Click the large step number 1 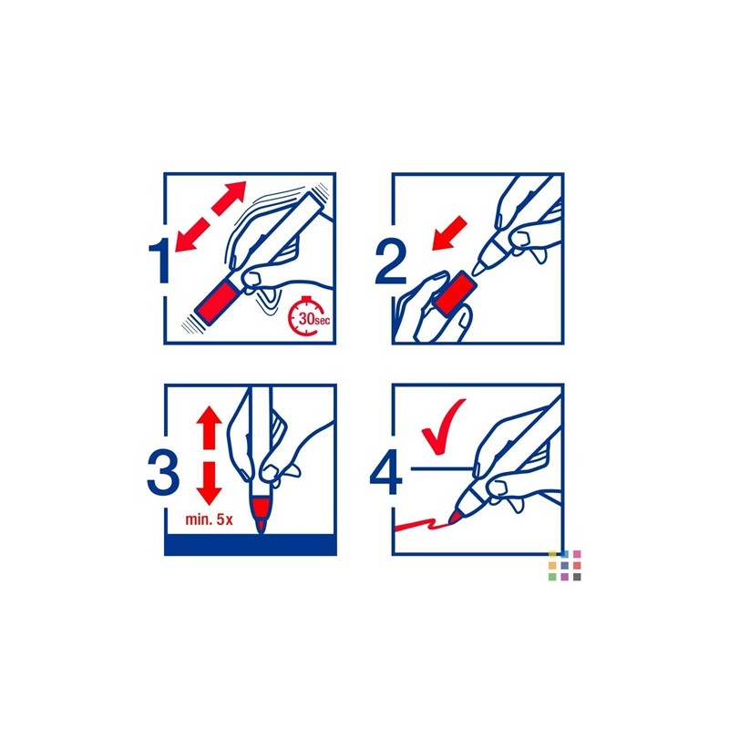point(159,262)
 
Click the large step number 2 point(391,261)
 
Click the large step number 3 point(163,472)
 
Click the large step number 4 point(386,472)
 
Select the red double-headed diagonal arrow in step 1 point(210,216)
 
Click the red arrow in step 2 point(449,232)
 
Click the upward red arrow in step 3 point(210,427)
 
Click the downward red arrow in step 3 point(210,484)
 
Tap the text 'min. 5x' point(209,519)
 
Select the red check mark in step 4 point(442,426)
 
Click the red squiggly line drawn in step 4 point(421,526)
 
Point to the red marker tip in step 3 point(261,515)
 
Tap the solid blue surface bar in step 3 point(250,544)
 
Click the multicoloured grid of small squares point(564,565)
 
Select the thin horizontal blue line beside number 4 point(443,468)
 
